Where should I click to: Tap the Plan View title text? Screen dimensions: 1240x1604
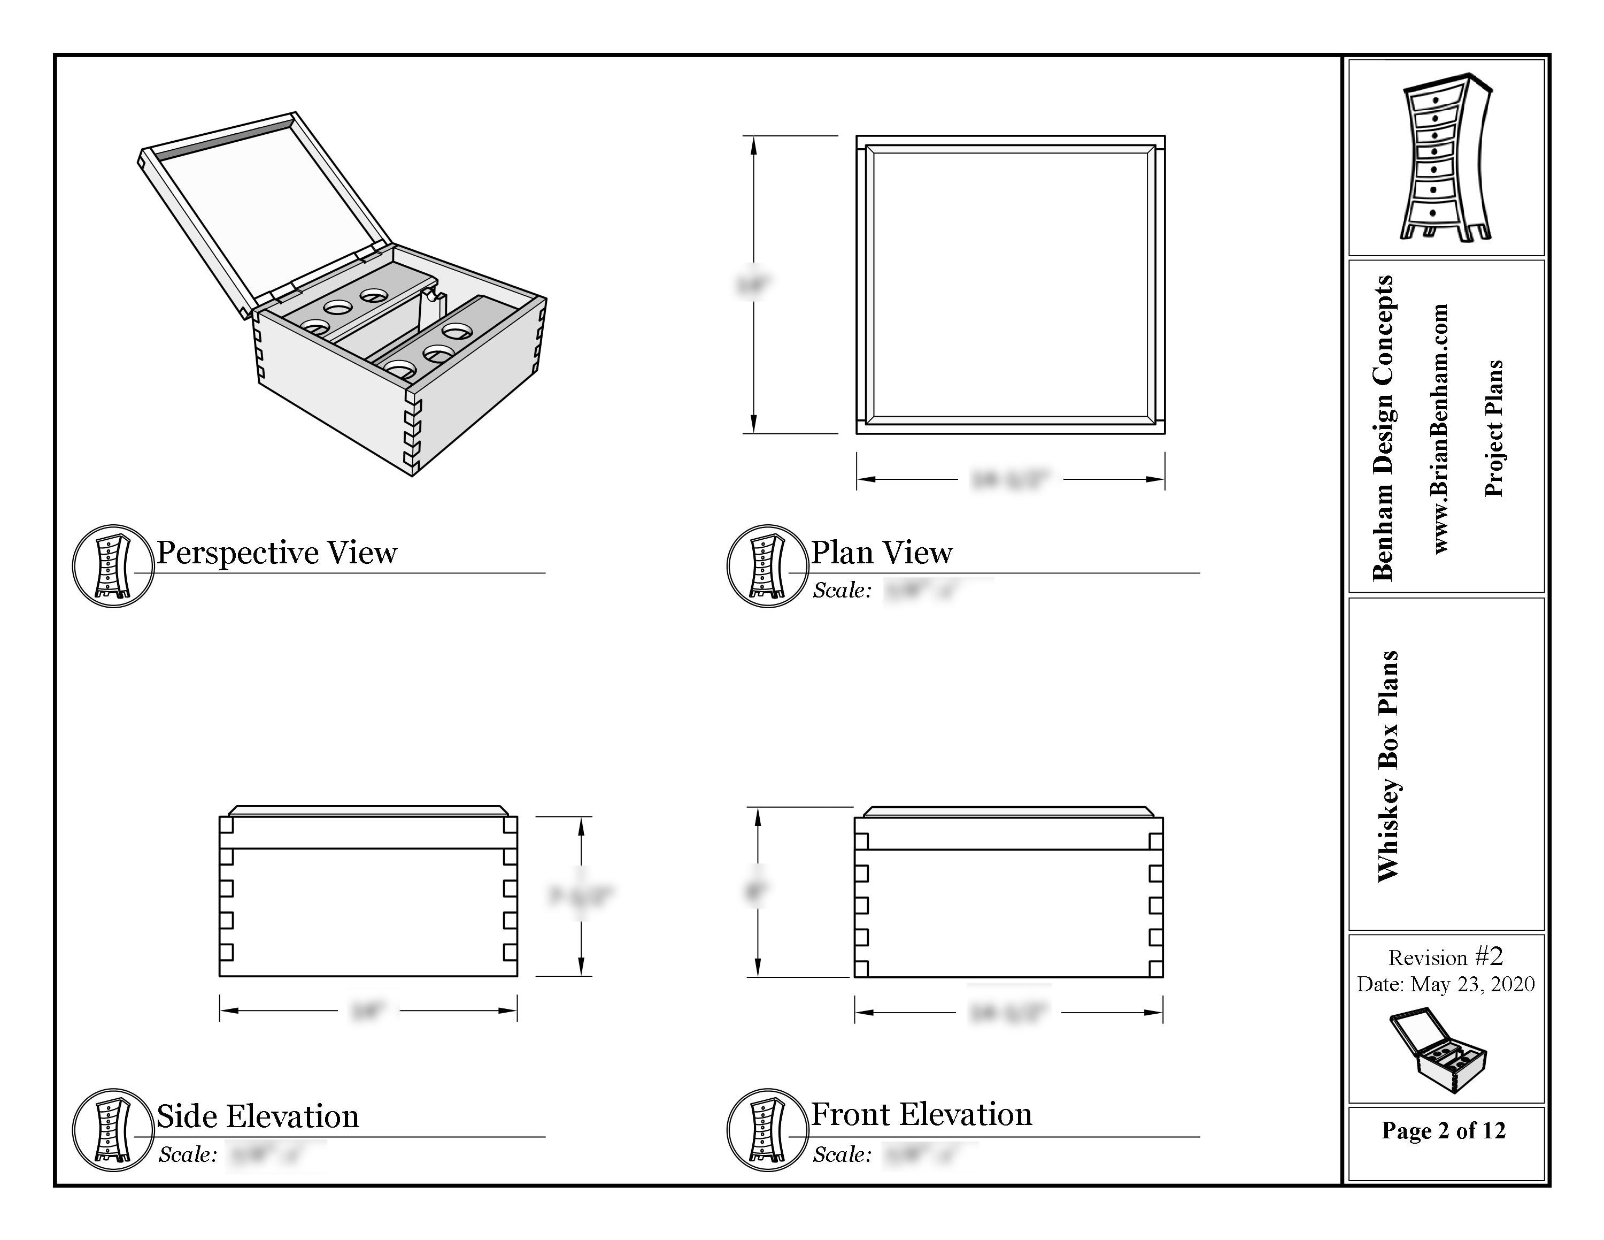click(881, 553)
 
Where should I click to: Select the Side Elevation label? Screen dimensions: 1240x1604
click(257, 1116)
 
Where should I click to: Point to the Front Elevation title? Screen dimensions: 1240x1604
click(921, 1114)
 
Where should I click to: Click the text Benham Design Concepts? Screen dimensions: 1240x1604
click(1382, 427)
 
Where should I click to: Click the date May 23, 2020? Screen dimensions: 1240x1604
click(1472, 984)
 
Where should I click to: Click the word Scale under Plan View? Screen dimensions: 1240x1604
click(841, 591)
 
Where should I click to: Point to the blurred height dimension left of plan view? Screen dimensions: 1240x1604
click(753, 284)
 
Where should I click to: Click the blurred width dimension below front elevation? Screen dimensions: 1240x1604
click(1008, 1013)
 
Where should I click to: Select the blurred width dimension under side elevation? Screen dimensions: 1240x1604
click(367, 1011)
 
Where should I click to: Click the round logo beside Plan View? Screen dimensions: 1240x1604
click(767, 565)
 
